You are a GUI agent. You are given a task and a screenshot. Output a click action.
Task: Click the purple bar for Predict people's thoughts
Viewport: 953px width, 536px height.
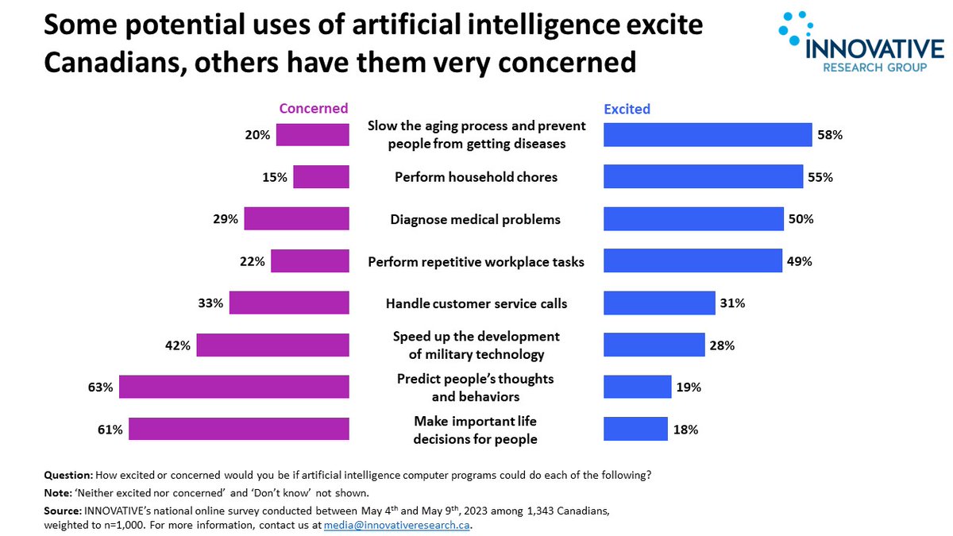234,387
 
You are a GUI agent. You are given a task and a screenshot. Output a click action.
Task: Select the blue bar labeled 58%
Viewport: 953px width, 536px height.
707,135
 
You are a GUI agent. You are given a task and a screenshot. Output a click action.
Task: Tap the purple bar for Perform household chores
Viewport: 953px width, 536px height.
321,177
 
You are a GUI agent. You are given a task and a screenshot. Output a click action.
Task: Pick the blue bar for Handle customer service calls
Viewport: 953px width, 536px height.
659,303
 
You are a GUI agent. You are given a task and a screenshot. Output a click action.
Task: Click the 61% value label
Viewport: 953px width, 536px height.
110,430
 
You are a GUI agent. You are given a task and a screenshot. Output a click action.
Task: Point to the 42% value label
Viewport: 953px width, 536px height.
179,345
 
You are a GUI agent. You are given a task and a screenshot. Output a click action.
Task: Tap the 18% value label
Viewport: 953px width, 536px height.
685,430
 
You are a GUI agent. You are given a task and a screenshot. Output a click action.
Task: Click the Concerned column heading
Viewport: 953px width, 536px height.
313,109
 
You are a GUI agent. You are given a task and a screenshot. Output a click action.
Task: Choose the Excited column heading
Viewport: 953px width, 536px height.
627,109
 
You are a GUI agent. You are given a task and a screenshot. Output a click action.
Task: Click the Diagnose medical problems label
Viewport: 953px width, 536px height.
476,220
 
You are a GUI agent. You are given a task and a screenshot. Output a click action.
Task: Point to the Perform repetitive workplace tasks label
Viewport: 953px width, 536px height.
476,262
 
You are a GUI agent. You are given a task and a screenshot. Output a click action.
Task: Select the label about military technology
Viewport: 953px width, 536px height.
476,345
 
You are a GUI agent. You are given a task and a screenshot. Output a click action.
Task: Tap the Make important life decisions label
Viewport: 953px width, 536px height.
476,430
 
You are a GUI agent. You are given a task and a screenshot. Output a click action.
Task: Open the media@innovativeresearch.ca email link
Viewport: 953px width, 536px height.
397,525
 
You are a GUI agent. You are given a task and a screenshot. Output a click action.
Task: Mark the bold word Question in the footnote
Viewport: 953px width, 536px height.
67,476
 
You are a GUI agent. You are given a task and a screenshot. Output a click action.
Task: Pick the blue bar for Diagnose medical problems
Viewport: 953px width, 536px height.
693,219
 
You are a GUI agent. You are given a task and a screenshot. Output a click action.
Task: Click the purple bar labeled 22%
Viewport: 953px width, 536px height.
310,261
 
